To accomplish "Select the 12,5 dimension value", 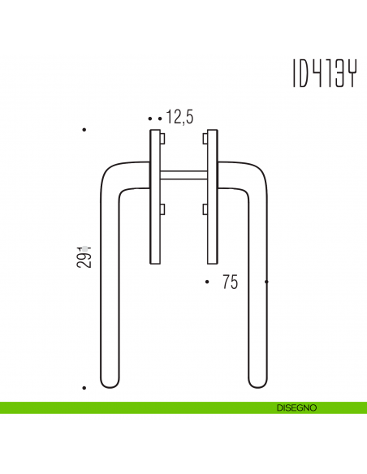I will coord(179,118).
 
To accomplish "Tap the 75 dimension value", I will coord(229,282).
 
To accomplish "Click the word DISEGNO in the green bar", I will coord(296,407).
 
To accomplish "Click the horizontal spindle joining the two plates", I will coord(184,175).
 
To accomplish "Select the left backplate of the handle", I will coord(155,196).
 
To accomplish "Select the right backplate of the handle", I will coord(213,196).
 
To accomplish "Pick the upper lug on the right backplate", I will coord(205,139).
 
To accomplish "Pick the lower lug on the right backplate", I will coord(205,210).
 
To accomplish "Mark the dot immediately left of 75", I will coord(208,282).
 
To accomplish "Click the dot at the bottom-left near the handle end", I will coord(84,389).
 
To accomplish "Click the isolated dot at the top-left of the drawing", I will coord(84,130).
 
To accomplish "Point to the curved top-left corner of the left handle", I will coord(110,172).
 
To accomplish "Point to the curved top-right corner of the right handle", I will coord(258,172).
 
